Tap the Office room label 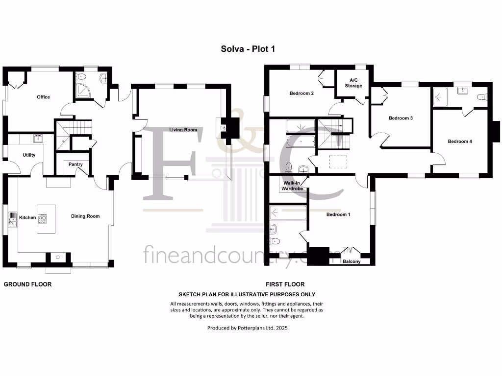[44, 97]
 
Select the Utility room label [29, 155]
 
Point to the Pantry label [75, 164]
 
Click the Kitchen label [27, 217]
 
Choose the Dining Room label [85, 216]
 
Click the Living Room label [183, 130]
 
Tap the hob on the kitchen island [42, 218]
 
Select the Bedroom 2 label [301, 94]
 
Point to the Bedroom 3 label [401, 118]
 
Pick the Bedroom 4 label [460, 141]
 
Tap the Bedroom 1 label [338, 214]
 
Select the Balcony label [351, 261]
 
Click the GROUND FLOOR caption [27, 284]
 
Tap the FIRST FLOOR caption [285, 284]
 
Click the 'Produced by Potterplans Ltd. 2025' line [248, 328]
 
